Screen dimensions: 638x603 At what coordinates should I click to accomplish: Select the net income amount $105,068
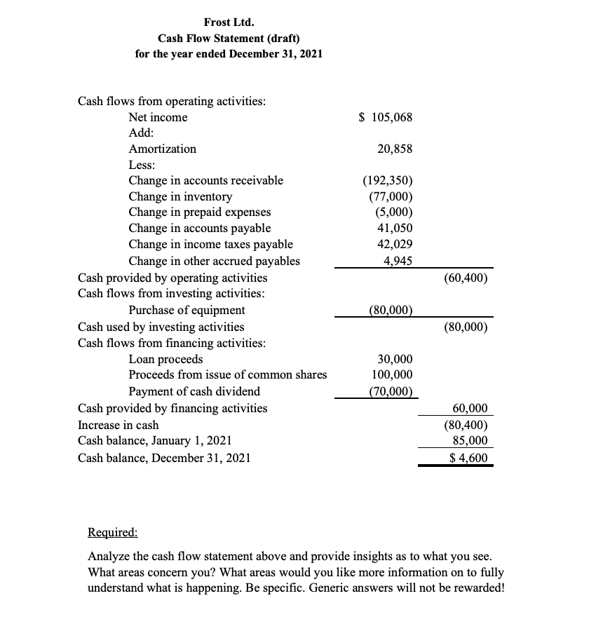coord(386,118)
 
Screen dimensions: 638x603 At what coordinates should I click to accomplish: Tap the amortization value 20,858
coord(395,149)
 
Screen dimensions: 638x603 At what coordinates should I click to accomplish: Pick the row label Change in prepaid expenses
coord(200,212)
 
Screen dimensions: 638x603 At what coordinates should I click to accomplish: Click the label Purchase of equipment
coord(187,310)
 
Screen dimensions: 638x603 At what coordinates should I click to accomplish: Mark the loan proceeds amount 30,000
coord(395,359)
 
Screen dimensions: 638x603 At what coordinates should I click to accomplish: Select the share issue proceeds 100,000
coord(393,375)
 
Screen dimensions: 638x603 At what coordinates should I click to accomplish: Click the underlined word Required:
coord(113,532)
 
